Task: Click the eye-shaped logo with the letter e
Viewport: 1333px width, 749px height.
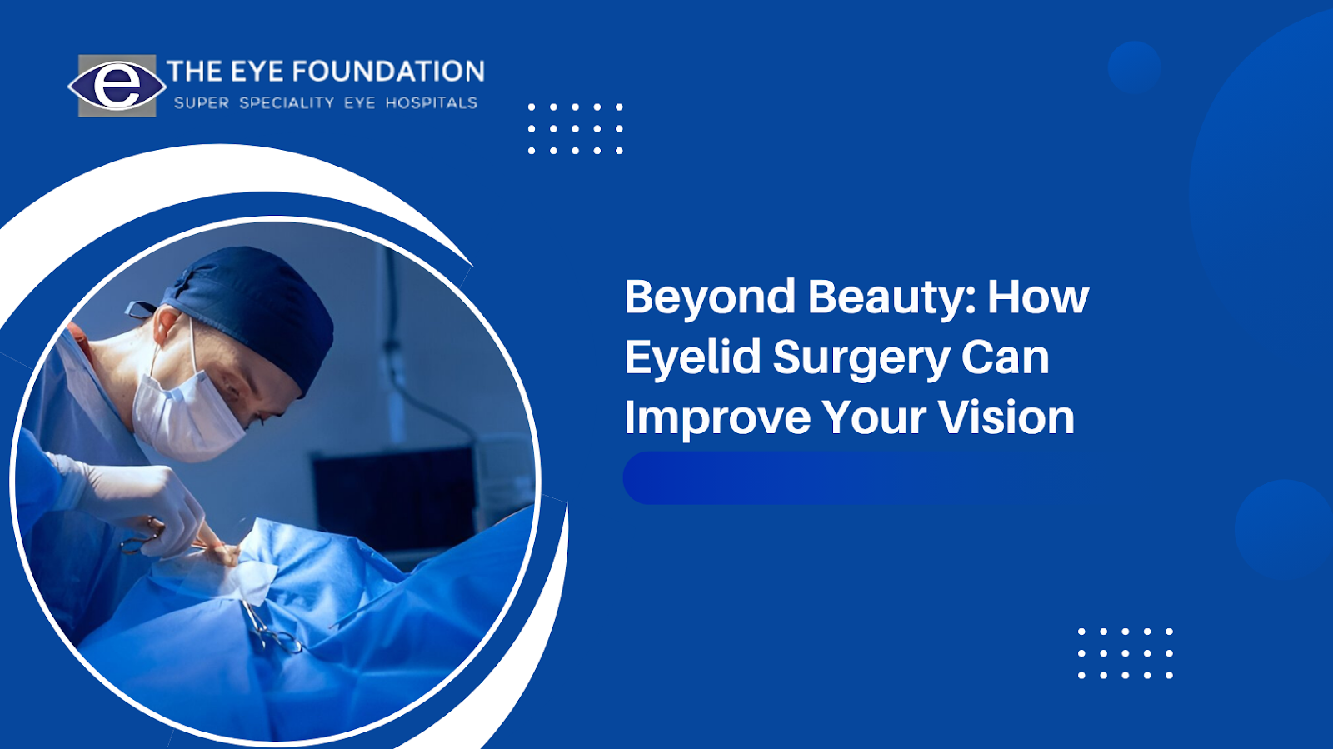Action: point(117,86)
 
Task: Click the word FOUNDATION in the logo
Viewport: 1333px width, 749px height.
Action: point(388,72)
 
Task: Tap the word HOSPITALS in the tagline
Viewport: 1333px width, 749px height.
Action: point(432,103)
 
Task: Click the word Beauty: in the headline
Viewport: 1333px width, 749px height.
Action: point(892,297)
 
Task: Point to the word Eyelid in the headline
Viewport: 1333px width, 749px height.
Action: point(692,357)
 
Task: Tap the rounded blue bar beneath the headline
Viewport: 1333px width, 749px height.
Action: point(863,477)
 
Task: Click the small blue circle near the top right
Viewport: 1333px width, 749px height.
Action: point(1134,67)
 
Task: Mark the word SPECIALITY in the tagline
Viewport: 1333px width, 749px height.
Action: point(287,103)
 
